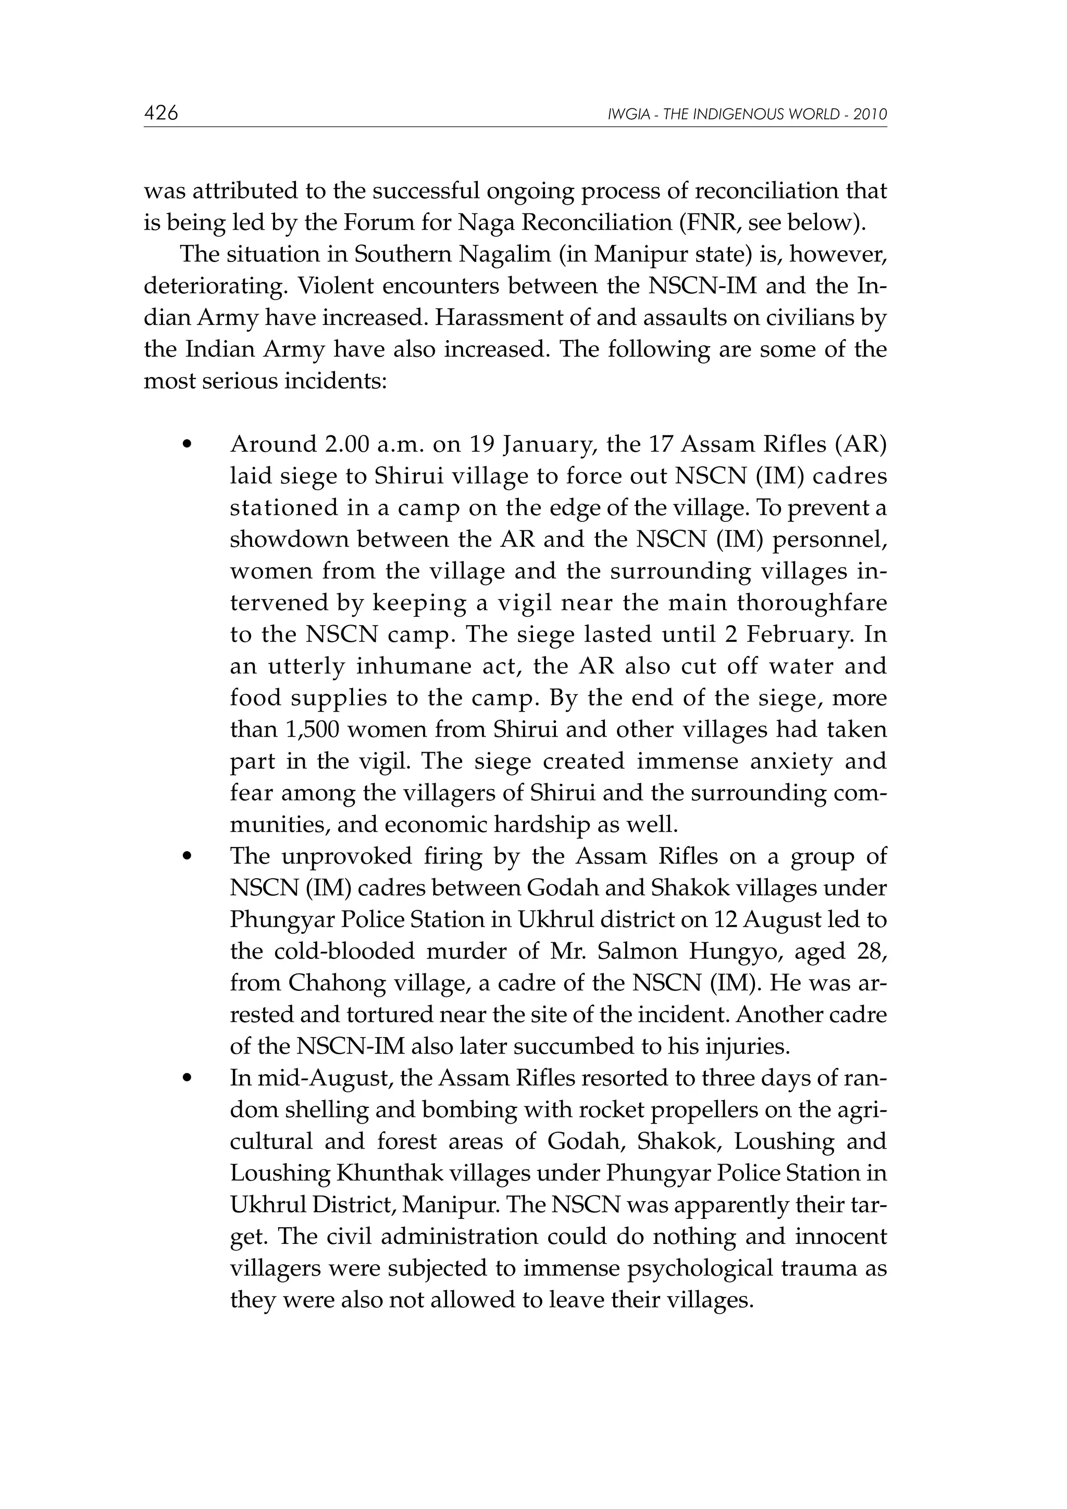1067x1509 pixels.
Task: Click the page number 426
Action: click(161, 113)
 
